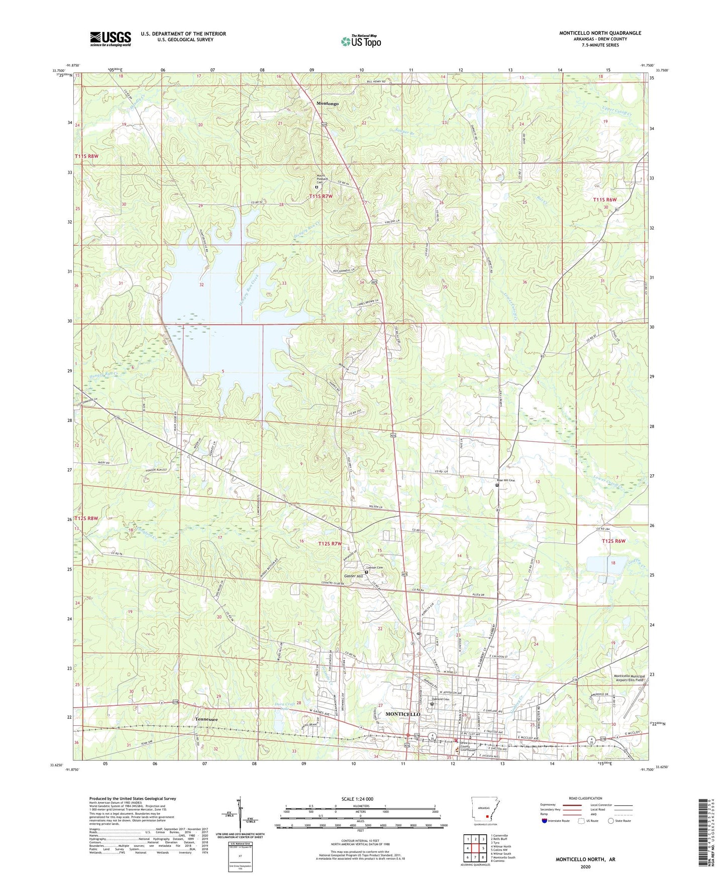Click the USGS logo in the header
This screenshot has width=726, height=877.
[x=111, y=38]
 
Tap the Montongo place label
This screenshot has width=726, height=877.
[x=327, y=103]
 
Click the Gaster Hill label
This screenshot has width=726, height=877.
[x=353, y=576]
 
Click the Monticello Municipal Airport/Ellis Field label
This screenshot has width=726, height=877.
[x=628, y=678]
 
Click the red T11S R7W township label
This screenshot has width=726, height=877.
[x=321, y=196]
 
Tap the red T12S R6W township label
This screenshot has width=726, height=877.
[x=613, y=541]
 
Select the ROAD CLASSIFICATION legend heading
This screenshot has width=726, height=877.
[x=585, y=798]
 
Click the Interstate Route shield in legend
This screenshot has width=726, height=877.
[x=545, y=821]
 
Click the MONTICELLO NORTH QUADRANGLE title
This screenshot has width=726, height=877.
[x=600, y=33]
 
